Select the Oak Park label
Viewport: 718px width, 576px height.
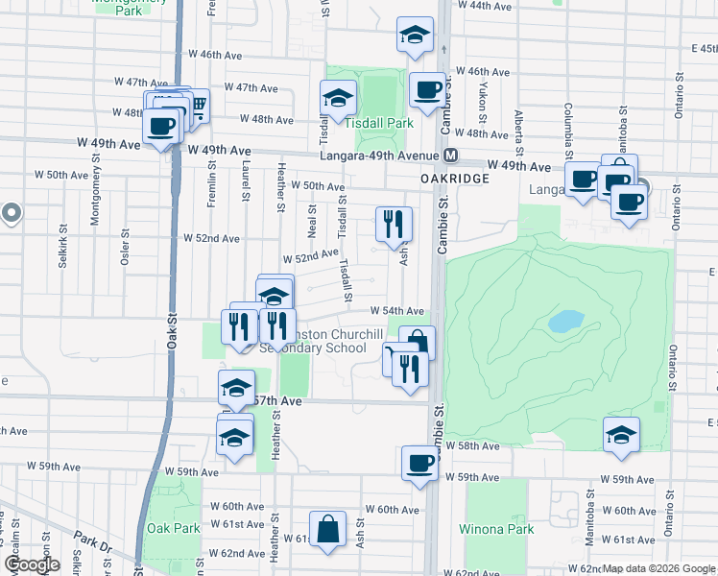click(x=174, y=529)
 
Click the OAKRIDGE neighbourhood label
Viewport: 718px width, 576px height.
click(x=455, y=179)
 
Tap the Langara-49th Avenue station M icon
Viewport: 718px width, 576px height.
click(x=449, y=156)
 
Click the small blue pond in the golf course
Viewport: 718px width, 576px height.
click(x=567, y=321)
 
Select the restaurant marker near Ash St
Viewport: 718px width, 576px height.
click(x=395, y=226)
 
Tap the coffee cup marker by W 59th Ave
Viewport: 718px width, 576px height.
click(x=419, y=464)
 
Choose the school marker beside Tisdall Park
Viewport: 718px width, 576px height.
click(x=337, y=98)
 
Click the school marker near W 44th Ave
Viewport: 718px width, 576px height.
click(x=414, y=36)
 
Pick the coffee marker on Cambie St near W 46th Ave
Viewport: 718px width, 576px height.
click(x=427, y=91)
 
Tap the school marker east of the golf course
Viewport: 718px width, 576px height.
click(x=621, y=435)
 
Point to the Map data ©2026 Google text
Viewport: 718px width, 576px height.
click(x=658, y=568)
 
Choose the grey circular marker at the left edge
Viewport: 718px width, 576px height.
click(x=11, y=213)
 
